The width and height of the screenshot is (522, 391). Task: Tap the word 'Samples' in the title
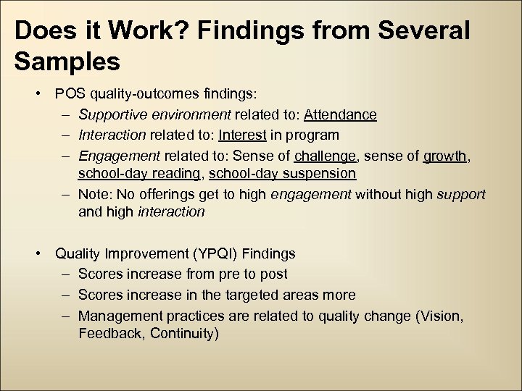pyautogui.click(x=67, y=62)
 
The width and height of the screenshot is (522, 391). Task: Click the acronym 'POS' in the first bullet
pyautogui.click(x=70, y=94)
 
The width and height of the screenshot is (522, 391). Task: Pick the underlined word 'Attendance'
pyautogui.click(x=340, y=114)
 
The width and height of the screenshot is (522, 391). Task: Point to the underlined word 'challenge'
pyautogui.click(x=325, y=155)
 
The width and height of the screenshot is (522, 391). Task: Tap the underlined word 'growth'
pyautogui.click(x=445, y=155)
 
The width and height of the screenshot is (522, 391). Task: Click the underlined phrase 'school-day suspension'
pyautogui.click(x=282, y=174)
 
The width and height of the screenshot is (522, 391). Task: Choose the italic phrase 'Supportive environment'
pyautogui.click(x=154, y=114)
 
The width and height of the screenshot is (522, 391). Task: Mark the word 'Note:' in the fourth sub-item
pyautogui.click(x=95, y=194)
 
